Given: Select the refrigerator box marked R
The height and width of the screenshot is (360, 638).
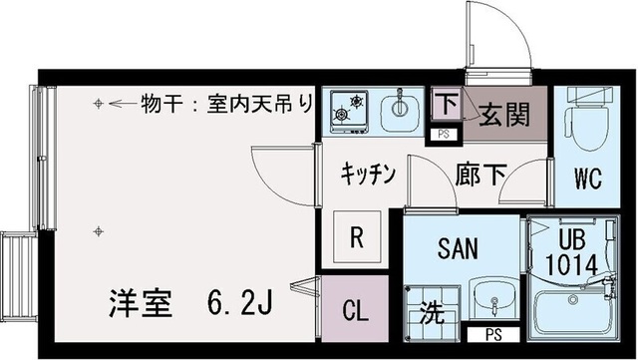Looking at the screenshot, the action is [x=355, y=238].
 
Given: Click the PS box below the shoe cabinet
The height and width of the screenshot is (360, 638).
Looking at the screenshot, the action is [x=442, y=133].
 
